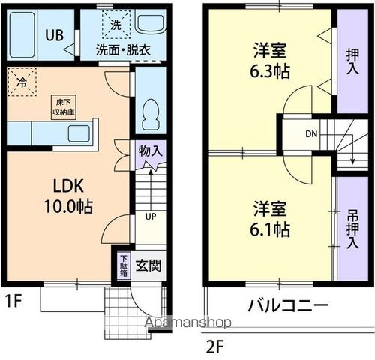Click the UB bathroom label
coord(53,34)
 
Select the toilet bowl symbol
coord(148,112)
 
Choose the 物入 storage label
coord(151,150)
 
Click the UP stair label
coord(150,217)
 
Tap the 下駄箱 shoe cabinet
coord(124,265)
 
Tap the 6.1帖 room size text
coord(271,228)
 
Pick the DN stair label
coord(311,135)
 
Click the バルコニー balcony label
coord(288,307)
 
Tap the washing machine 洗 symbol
coord(115,24)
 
